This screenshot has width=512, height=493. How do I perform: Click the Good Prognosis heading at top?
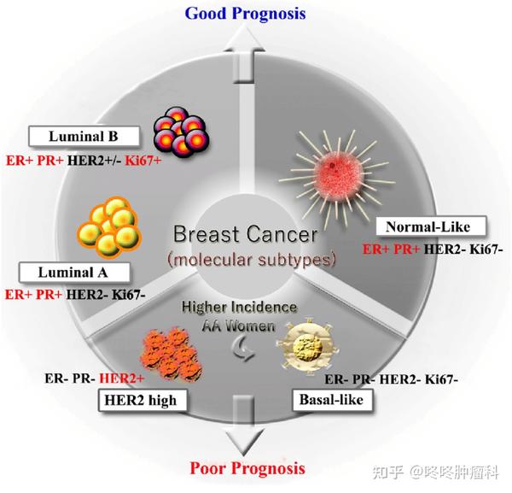click(x=245, y=14)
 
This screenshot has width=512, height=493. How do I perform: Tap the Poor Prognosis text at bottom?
click(x=247, y=468)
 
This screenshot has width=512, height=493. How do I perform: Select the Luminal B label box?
click(x=84, y=137)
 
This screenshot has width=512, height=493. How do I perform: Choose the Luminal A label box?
click(x=74, y=273)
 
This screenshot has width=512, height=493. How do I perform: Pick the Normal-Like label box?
click(x=431, y=226)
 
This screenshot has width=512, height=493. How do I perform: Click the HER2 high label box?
click(x=143, y=400)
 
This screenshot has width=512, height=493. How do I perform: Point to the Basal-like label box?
click(x=333, y=399)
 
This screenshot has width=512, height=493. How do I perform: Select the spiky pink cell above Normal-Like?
click(x=337, y=174)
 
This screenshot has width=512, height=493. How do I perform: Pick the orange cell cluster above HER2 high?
click(x=172, y=354)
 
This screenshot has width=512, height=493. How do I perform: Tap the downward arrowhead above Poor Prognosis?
click(x=245, y=440)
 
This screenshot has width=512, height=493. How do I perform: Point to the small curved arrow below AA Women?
click(x=243, y=349)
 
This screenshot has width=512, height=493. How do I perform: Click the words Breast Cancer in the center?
click(x=245, y=234)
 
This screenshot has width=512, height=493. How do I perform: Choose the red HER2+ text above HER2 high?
click(x=121, y=379)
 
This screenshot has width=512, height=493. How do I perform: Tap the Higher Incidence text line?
click(x=239, y=307)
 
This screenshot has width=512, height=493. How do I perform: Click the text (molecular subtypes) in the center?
click(x=252, y=260)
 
